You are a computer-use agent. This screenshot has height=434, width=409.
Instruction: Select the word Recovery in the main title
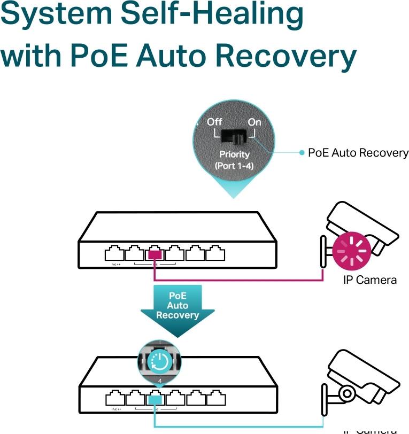[x=289, y=57]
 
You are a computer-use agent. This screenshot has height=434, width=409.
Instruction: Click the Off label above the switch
[x=214, y=122]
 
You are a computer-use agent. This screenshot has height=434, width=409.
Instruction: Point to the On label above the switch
[x=254, y=122]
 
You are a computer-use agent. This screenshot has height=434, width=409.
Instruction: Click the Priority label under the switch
[x=234, y=154]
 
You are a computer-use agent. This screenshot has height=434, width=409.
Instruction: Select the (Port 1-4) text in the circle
[x=234, y=166]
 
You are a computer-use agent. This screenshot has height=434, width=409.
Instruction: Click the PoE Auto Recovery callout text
[x=358, y=153]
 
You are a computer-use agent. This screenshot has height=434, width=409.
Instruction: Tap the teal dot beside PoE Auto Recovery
[x=302, y=153]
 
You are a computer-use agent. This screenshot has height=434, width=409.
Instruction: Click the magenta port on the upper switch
[x=155, y=252]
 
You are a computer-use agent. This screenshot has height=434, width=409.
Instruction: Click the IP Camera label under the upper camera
[x=369, y=280]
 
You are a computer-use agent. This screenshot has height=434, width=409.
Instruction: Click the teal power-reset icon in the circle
[x=160, y=362]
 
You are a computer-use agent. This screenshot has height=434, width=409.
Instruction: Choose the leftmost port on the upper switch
[x=113, y=252]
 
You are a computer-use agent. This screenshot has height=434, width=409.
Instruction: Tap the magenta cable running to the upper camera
[x=241, y=280]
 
